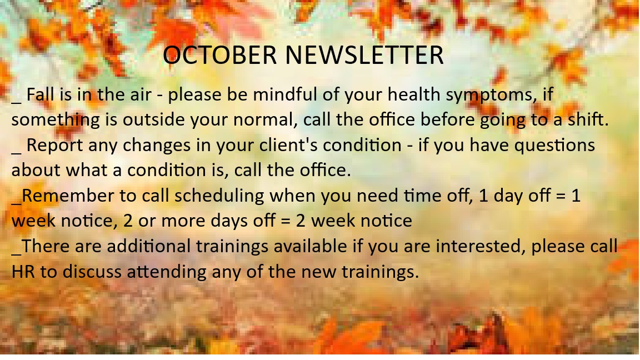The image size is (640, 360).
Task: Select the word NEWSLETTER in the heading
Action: (x=364, y=54)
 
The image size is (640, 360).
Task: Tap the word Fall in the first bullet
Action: (x=41, y=94)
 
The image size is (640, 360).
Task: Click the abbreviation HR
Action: (x=23, y=272)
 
